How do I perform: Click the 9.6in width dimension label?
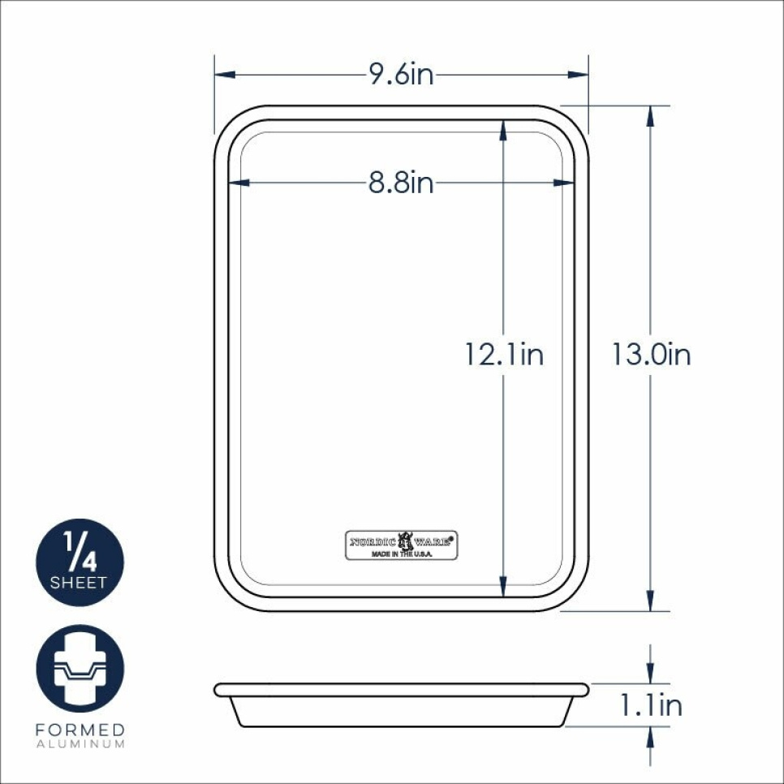(402, 75)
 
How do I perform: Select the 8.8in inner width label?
(401, 183)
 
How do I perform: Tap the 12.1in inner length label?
(504, 355)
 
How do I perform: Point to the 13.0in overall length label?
(651, 355)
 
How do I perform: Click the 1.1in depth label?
(651, 705)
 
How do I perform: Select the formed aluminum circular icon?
(80, 668)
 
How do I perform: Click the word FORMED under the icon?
(80, 730)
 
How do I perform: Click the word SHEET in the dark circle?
(79, 583)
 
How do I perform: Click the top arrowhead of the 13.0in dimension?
(650, 116)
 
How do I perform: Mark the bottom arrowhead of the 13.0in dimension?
(650, 601)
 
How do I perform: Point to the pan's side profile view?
(402, 704)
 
